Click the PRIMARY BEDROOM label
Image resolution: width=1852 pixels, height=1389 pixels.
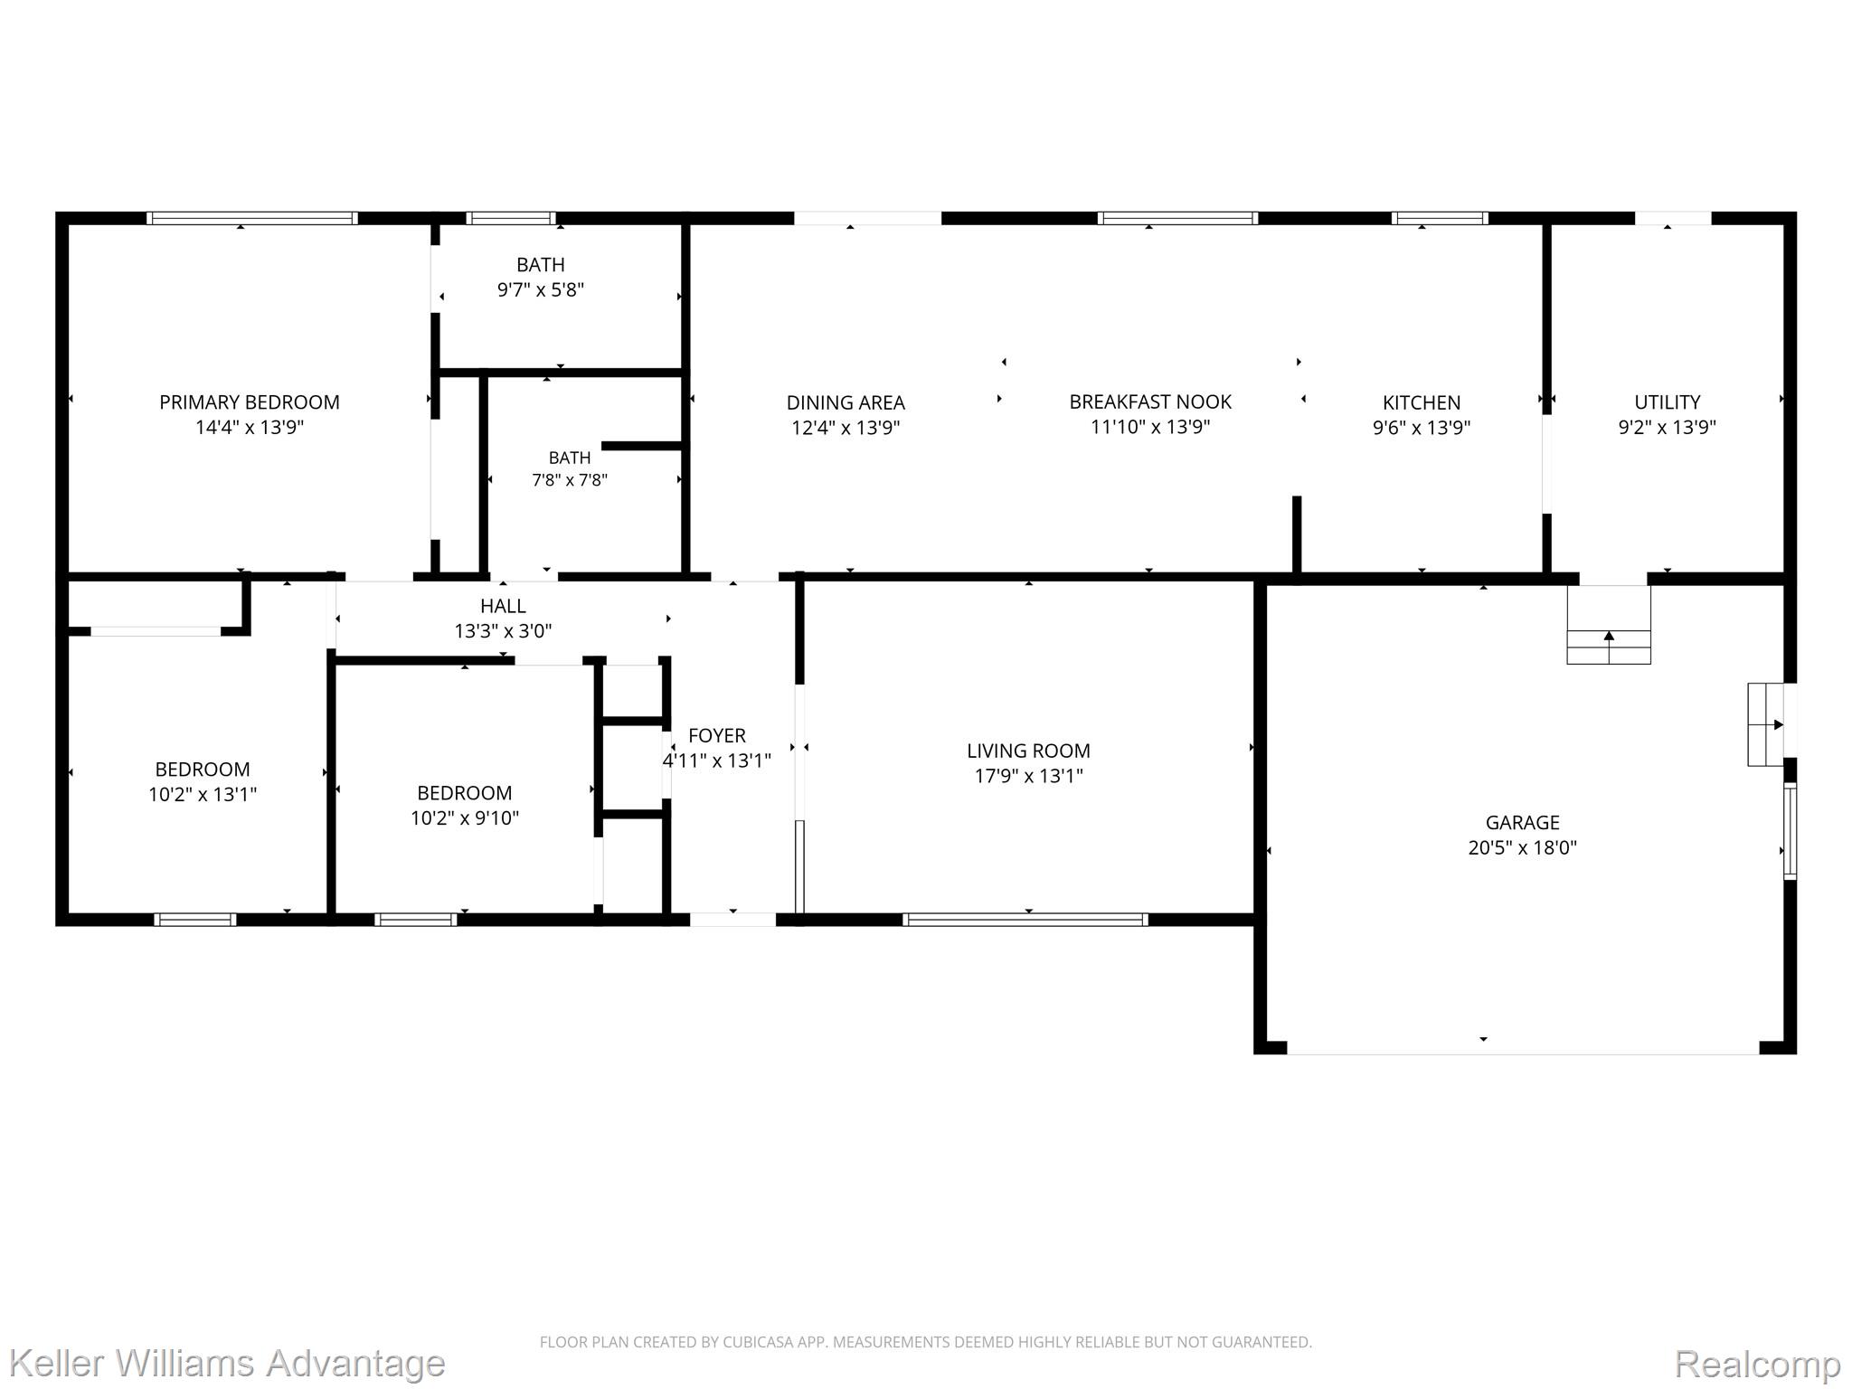click(x=250, y=402)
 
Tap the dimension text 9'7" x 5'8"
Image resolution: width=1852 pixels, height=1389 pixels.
click(x=541, y=289)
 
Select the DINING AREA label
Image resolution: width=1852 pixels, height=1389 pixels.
click(x=846, y=402)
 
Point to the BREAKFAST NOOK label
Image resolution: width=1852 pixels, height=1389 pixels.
click(x=1150, y=402)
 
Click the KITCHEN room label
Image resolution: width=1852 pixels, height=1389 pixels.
click(x=1422, y=402)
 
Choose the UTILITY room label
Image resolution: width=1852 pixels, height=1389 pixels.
click(x=1667, y=402)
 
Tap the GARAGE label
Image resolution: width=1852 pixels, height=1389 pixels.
click(x=1523, y=822)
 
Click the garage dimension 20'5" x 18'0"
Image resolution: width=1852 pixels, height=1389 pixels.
click(x=1523, y=847)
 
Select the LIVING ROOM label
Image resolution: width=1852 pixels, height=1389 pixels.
click(x=1028, y=751)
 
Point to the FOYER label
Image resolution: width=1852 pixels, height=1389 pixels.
click(x=717, y=735)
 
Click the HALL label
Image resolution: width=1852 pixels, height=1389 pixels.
click(x=503, y=606)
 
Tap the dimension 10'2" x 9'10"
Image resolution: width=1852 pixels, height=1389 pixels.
click(x=465, y=817)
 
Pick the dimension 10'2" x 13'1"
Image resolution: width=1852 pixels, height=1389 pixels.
click(x=203, y=794)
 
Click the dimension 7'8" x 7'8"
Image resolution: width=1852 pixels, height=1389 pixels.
click(x=570, y=480)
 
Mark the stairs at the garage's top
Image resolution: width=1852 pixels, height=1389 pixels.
click(x=1609, y=625)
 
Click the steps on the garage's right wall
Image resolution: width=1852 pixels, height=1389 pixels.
click(x=1766, y=724)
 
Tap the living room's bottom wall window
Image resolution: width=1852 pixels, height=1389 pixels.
click(x=1025, y=920)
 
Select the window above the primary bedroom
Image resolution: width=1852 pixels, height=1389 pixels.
click(x=252, y=218)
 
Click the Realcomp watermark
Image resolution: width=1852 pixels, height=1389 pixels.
click(x=1757, y=1363)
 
